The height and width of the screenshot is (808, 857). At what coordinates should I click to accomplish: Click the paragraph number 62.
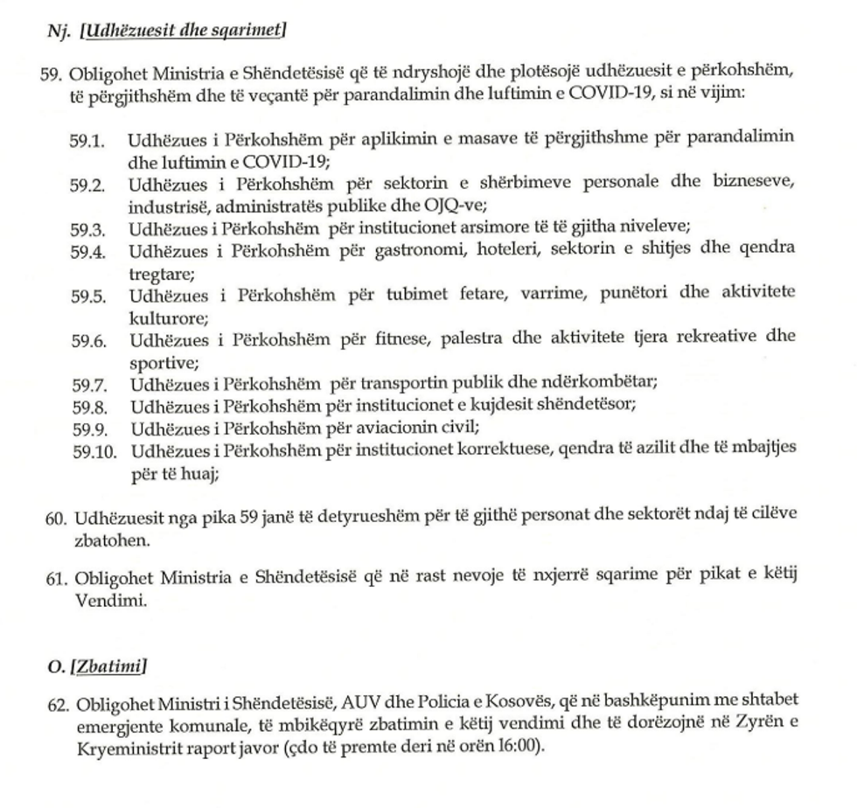55,706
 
